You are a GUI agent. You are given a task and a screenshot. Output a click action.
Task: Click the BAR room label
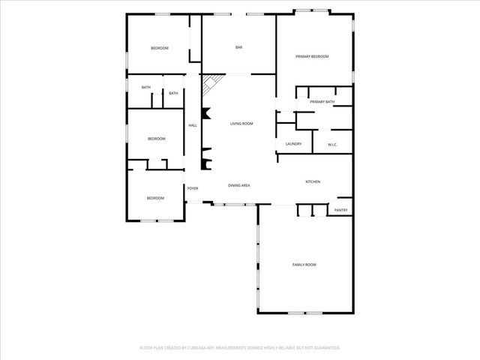238,48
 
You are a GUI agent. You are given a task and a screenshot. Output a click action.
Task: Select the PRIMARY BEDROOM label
312,56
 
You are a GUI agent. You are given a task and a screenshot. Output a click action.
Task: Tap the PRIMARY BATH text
322,101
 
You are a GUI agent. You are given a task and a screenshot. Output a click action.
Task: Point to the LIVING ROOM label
241,123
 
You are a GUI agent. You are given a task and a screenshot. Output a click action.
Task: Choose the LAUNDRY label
293,144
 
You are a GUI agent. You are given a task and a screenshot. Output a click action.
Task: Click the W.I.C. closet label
333,144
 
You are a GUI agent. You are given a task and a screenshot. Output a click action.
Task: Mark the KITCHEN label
313,181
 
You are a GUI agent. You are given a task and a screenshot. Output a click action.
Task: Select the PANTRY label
340,210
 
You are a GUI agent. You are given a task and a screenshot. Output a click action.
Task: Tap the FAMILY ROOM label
304,265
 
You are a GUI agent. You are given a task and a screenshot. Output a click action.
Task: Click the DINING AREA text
238,185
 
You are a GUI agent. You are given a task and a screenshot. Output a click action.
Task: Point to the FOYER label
193,188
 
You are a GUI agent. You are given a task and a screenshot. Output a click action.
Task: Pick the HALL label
193,125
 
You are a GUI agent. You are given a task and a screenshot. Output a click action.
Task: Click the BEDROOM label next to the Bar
159,48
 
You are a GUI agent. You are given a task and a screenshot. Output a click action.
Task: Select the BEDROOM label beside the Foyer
154,198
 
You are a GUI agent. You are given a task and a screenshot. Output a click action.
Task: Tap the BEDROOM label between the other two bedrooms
156,139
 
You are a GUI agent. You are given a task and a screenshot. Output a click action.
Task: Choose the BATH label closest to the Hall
173,93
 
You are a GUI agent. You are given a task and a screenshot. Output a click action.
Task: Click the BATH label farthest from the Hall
146,87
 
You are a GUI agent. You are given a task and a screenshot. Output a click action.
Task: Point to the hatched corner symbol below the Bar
212,82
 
